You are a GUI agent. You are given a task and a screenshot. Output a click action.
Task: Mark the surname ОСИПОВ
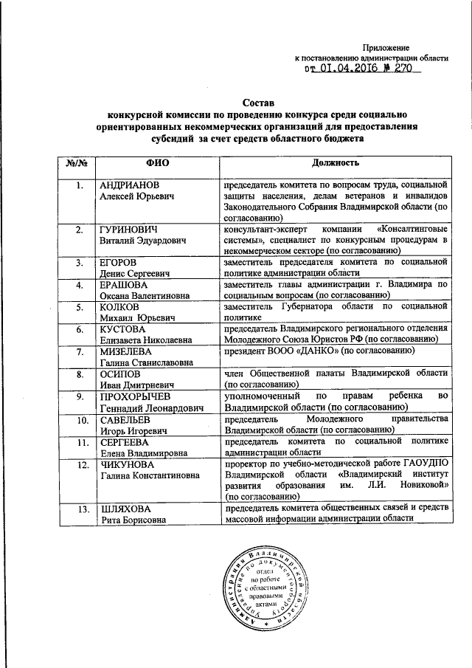click(x=120, y=374)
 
